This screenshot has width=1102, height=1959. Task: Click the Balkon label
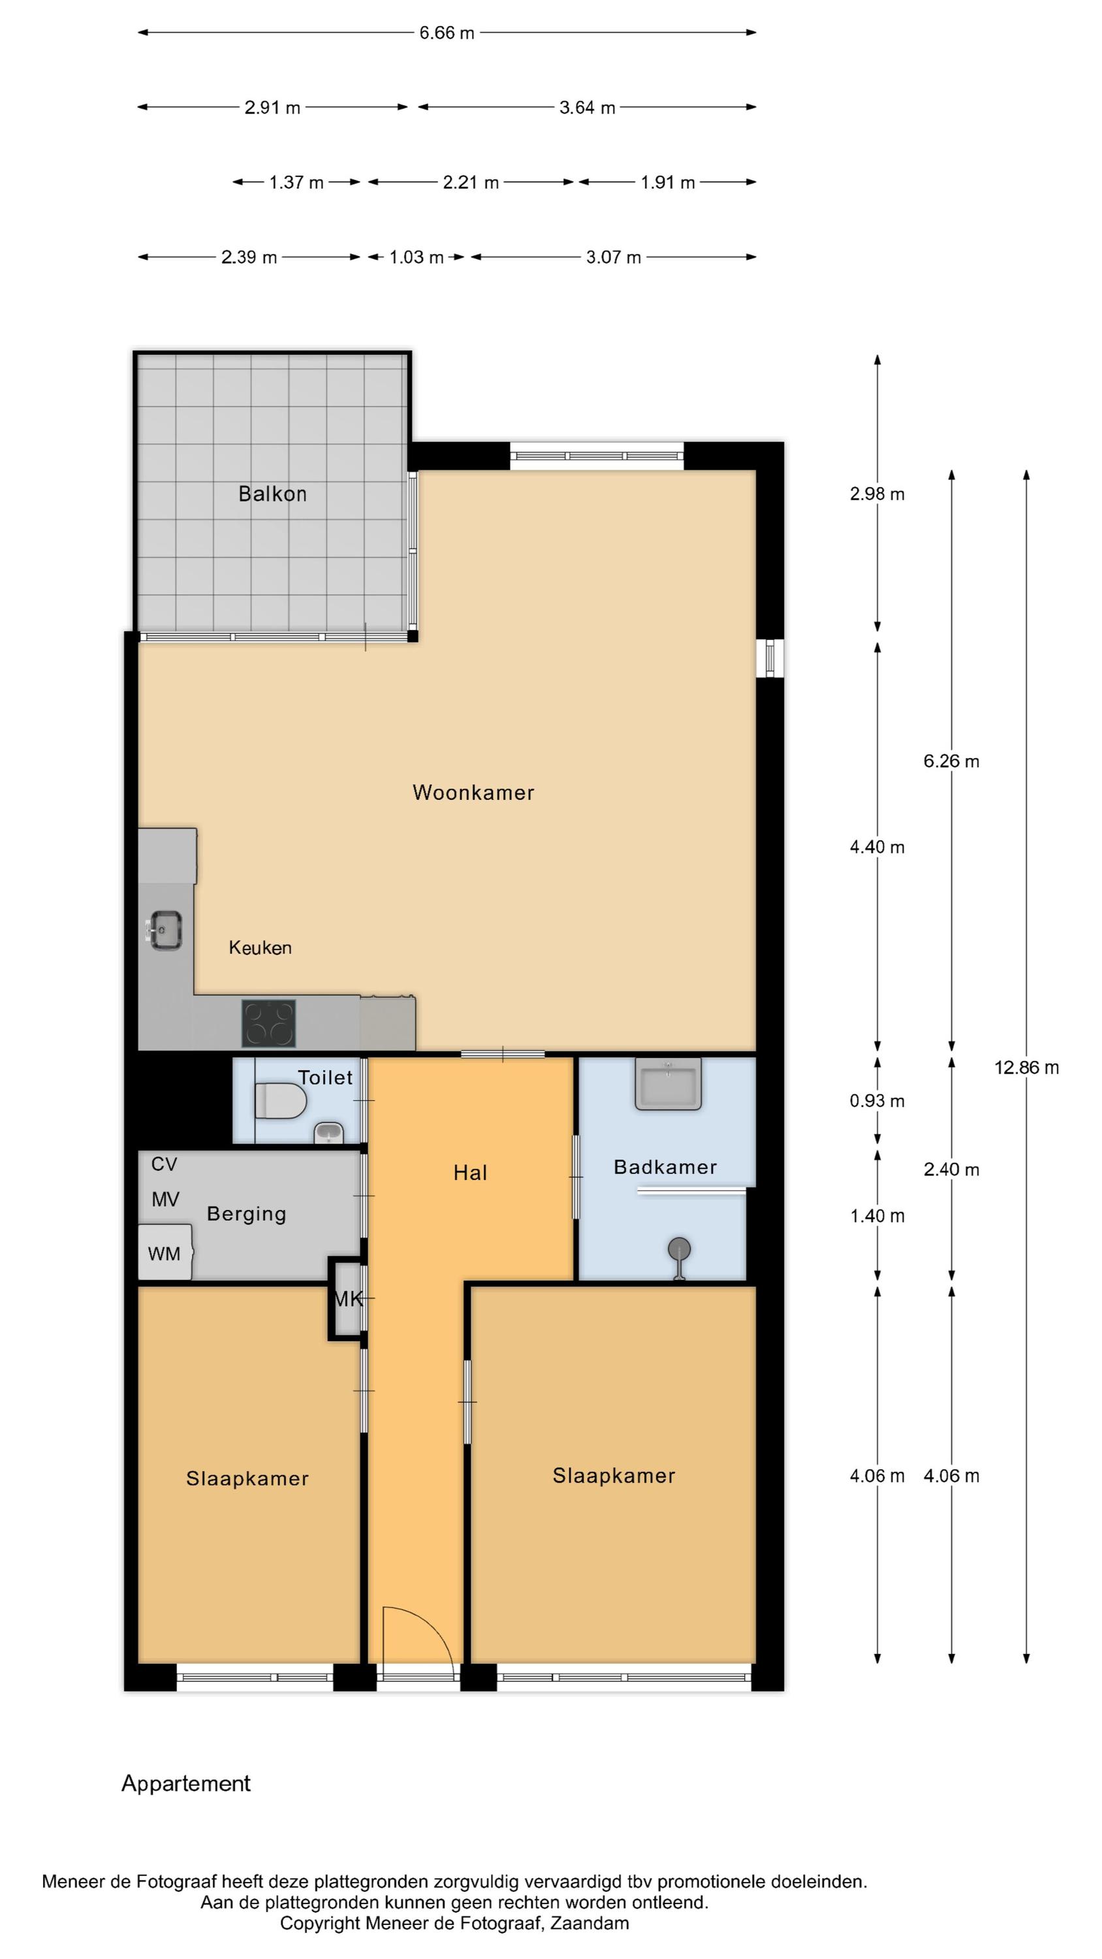[x=272, y=494]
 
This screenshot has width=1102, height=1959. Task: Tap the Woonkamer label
[x=473, y=793]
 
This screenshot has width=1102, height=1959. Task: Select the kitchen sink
[x=165, y=930]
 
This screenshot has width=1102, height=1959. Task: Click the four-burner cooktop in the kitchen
[x=268, y=1023]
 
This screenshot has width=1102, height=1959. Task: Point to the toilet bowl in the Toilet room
[x=280, y=1101]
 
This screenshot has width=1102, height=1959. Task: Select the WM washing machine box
[x=165, y=1252]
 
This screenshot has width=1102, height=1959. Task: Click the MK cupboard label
[x=349, y=1299]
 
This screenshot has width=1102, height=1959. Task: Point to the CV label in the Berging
[x=165, y=1164]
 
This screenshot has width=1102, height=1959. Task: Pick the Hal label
[x=470, y=1173]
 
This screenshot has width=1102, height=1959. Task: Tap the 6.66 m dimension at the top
[x=447, y=33]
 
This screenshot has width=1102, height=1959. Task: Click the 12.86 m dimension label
[x=1027, y=1068]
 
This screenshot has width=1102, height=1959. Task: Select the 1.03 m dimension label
[x=416, y=257]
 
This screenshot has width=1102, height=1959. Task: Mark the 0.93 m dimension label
[x=877, y=1101]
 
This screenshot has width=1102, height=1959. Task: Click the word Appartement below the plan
[x=186, y=1783]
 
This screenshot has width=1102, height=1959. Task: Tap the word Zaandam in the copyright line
[x=590, y=1923]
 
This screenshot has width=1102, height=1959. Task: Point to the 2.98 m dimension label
[x=877, y=494]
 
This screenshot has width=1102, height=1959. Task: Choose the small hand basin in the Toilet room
[x=328, y=1133]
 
